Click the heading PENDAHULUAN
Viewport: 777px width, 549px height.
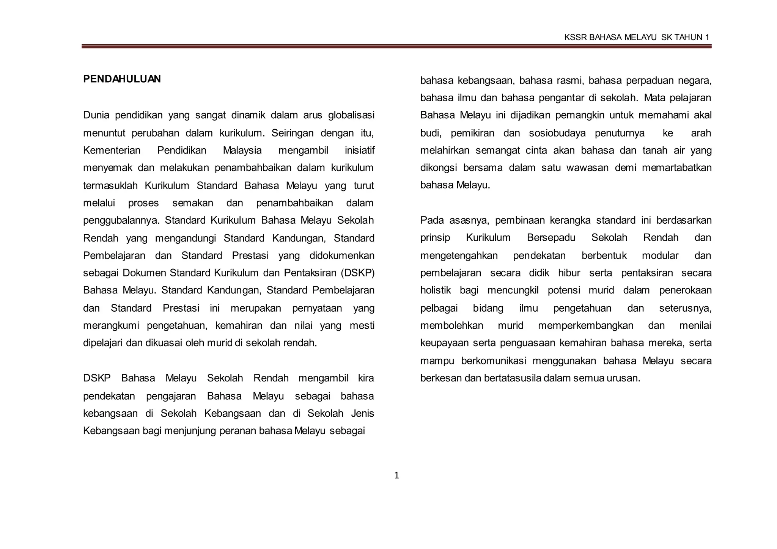click(x=122, y=79)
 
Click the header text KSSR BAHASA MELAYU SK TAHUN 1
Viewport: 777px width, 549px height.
click(x=636, y=37)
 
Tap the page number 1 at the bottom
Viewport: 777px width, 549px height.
click(x=396, y=475)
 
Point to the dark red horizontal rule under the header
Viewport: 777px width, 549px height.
click(x=396, y=47)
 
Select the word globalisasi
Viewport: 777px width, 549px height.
click(x=351, y=115)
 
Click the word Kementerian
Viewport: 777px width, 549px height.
click(x=112, y=151)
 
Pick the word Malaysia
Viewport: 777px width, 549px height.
click(x=242, y=151)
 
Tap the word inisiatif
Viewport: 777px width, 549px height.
click(x=359, y=151)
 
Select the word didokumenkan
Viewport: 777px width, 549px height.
click(x=342, y=256)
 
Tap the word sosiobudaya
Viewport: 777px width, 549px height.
click(x=557, y=133)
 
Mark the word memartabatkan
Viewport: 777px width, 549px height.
click(x=676, y=168)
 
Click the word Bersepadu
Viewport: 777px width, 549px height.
click(x=551, y=238)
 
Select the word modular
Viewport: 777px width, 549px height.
click(x=660, y=256)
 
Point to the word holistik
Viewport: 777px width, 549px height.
click(x=435, y=290)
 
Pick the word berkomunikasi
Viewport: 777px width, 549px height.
click(x=493, y=361)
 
